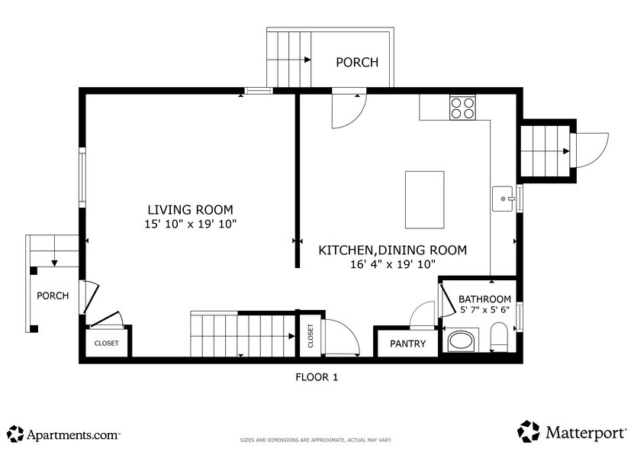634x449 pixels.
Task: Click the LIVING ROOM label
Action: pyautogui.click(x=190, y=209)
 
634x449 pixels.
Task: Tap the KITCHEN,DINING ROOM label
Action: pyautogui.click(x=392, y=250)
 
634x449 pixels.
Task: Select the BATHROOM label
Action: pyautogui.click(x=484, y=299)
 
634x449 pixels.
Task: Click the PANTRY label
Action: pyautogui.click(x=407, y=344)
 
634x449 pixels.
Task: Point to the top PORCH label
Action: pyautogui.click(x=357, y=62)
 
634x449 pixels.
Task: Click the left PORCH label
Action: pyautogui.click(x=53, y=296)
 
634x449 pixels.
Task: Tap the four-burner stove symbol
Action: pyautogui.click(x=462, y=108)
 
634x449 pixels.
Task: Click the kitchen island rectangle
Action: pyautogui.click(x=424, y=199)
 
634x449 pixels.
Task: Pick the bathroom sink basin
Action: pyautogui.click(x=460, y=341)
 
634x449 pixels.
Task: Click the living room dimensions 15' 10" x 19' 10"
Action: pyautogui.click(x=190, y=224)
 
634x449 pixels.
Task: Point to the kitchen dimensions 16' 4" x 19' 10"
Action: pyautogui.click(x=392, y=264)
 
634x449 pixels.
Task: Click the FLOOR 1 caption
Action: pyautogui.click(x=316, y=376)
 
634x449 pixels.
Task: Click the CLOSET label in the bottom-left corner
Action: pyautogui.click(x=106, y=344)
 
